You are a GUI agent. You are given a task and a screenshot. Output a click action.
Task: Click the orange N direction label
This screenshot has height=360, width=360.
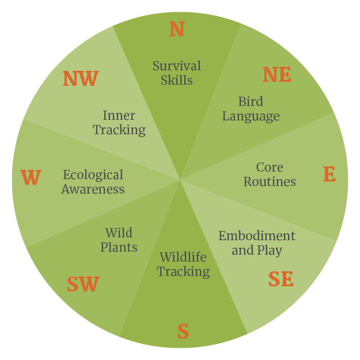click(177, 29)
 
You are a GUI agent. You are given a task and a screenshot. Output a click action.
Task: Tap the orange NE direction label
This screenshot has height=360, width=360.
click(277, 75)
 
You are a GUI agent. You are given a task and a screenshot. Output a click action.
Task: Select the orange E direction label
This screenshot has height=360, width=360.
click(329, 175)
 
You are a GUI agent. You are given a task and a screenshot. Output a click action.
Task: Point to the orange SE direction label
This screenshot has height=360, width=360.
click(281, 279)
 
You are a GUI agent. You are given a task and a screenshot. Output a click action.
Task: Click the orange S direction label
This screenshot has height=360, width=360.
click(183, 332)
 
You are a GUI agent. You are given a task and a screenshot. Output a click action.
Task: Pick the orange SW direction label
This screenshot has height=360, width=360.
click(83, 285)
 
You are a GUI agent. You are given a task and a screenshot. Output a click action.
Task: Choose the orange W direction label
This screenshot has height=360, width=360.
click(31, 179)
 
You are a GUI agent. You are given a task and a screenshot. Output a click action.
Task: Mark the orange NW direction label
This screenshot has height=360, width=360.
click(81, 79)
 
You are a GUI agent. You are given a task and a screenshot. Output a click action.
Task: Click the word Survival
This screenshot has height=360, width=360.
click(177, 66)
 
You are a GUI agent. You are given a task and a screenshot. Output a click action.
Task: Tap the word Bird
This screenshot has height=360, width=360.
click(251, 102)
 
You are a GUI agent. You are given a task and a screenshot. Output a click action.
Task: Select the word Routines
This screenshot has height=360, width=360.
click(270, 182)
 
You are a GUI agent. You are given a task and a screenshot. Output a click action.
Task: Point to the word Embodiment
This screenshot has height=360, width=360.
click(257, 236)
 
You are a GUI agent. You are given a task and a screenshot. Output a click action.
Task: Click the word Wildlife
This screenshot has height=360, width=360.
click(183, 257)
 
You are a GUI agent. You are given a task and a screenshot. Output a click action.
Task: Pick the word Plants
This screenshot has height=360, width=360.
click(119, 248)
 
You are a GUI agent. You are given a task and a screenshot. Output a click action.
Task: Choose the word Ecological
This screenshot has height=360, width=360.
click(93, 175)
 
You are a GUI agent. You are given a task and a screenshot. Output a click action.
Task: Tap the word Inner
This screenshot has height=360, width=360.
click(119, 116)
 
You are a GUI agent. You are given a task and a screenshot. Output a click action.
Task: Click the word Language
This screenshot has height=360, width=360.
click(251, 116)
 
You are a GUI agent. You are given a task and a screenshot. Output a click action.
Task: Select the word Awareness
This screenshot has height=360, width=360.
click(93, 189)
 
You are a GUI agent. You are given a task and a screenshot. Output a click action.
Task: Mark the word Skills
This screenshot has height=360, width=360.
click(177, 80)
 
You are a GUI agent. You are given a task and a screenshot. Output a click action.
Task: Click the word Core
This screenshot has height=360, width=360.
click(270, 168)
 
